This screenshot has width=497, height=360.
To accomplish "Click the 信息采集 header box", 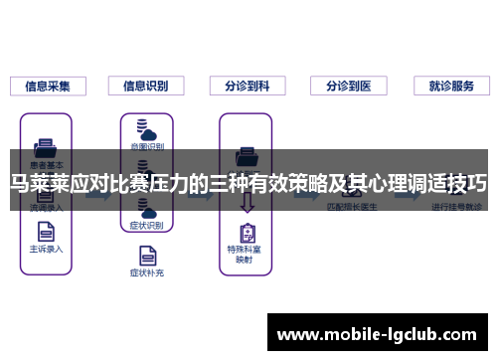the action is pos(47,86).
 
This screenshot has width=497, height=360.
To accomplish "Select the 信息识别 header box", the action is pos(145,86).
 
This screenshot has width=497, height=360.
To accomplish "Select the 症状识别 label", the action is pos(145,226).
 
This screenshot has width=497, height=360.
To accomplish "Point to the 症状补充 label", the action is pos(145,271).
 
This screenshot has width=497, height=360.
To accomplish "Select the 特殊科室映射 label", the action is pos(246,255).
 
